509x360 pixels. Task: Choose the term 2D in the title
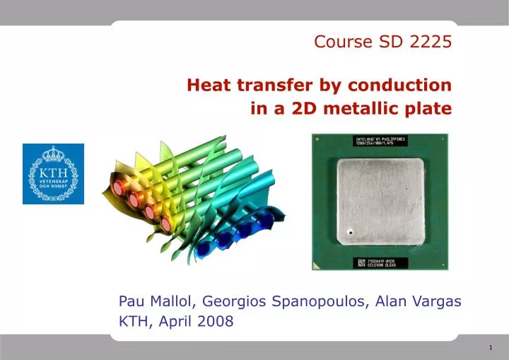pyautogui.click(x=310, y=109)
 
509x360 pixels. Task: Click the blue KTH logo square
pyautogui.click(x=53, y=174)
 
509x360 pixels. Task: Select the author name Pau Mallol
pyautogui.click(x=158, y=302)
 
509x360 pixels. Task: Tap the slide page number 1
pyautogui.click(x=491, y=347)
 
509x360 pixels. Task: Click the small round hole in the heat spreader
pyautogui.click(x=349, y=232)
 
